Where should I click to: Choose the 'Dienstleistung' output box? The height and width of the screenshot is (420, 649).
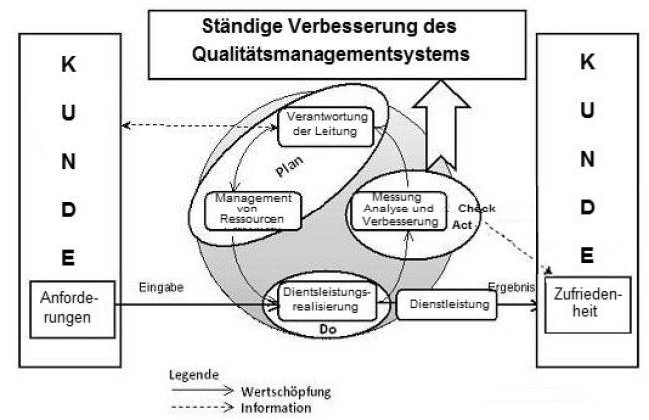pos(448,304)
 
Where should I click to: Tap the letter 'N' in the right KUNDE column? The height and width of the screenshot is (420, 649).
pos(589,159)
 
